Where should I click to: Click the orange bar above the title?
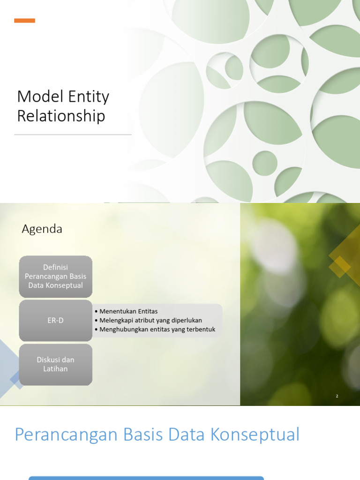(24, 21)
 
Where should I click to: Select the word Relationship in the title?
(61, 116)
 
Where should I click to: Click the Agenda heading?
(42, 229)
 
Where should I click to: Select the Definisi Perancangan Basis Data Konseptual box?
(55, 277)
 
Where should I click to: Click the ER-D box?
(55, 321)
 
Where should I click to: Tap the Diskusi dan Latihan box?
(55, 364)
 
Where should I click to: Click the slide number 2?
(337, 396)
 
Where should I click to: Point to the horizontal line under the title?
(73, 135)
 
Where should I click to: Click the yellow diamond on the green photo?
(341, 266)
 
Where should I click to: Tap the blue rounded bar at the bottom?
(146, 478)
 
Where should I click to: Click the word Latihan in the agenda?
(55, 369)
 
